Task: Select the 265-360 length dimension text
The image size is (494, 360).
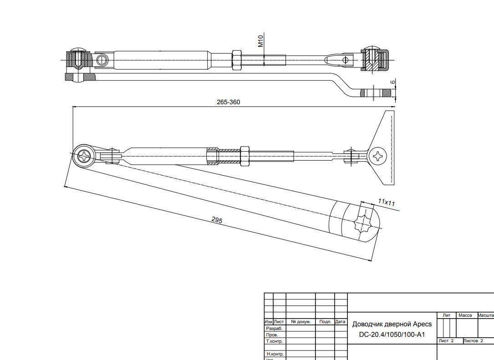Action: click(228, 102)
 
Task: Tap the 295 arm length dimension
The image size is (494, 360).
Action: click(217, 220)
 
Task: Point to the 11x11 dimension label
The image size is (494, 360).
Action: click(387, 202)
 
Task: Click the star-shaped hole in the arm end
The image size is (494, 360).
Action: click(363, 223)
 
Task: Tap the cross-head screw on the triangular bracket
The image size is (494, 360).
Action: click(378, 157)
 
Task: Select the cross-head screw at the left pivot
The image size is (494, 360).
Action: click(85, 157)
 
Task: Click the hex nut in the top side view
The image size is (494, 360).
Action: click(237, 60)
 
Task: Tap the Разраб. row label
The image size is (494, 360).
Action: click(274, 328)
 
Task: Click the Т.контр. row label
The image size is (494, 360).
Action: click(275, 341)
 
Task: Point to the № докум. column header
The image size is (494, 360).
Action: click(300, 322)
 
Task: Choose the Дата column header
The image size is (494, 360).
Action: click(341, 322)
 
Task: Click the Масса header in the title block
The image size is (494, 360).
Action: click(465, 315)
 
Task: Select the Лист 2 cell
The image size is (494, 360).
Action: click(446, 341)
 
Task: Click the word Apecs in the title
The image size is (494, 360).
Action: click(422, 324)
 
